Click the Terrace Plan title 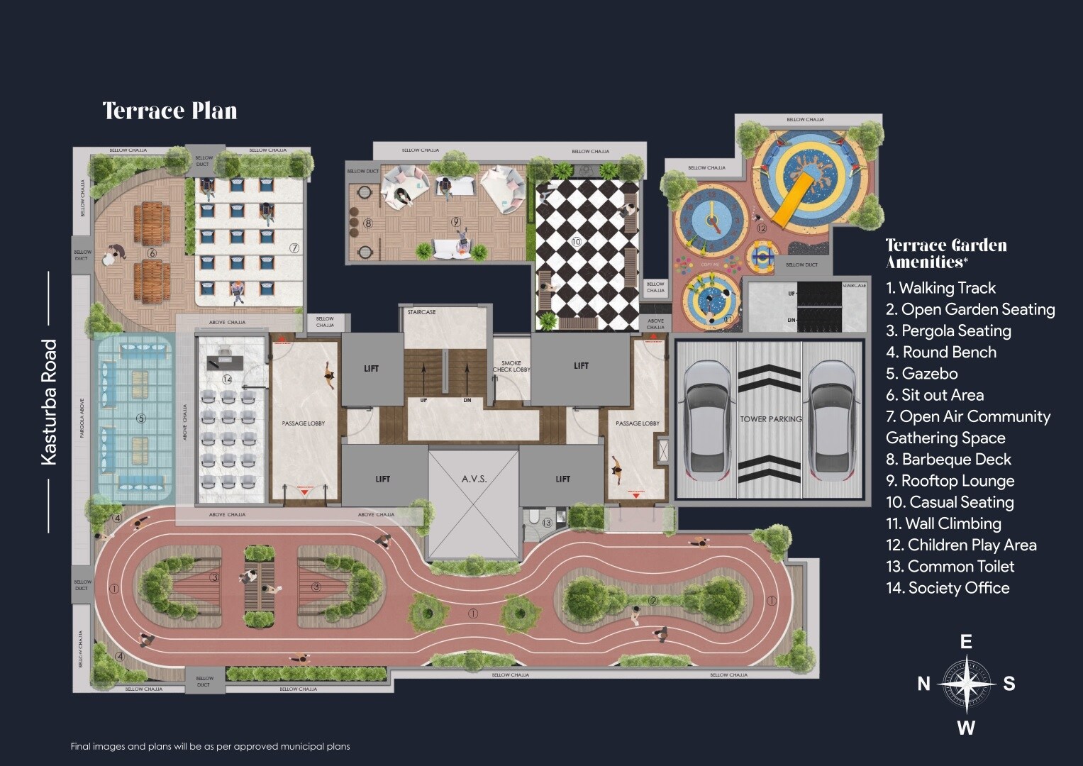170,111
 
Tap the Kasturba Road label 49,402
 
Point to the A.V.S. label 474,479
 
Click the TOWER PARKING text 770,419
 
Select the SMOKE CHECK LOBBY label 511,366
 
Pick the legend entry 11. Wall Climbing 943,524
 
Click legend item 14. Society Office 948,588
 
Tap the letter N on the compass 923,684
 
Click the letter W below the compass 966,728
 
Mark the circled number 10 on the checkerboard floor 576,242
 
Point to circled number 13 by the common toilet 547,523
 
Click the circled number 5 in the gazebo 140,418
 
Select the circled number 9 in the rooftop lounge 456,222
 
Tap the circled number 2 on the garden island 653,601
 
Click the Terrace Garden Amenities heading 946,253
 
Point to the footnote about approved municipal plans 210,746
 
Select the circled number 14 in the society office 227,379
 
